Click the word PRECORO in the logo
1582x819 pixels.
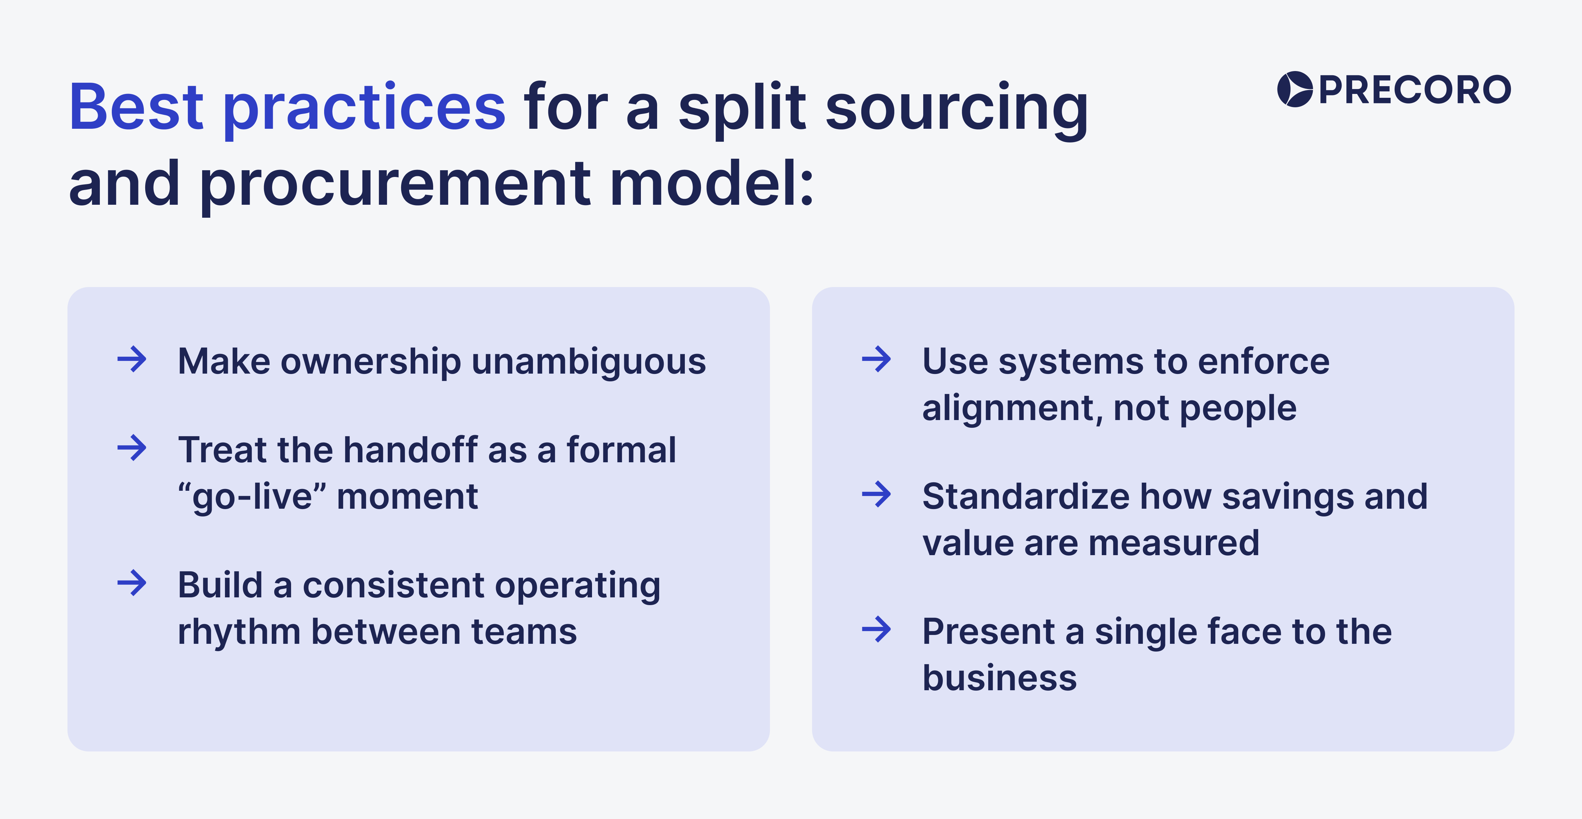pos(1414,90)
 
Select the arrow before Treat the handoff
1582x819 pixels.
pos(132,448)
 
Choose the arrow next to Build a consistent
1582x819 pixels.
pos(132,583)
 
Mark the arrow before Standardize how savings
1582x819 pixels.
pos(876,494)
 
